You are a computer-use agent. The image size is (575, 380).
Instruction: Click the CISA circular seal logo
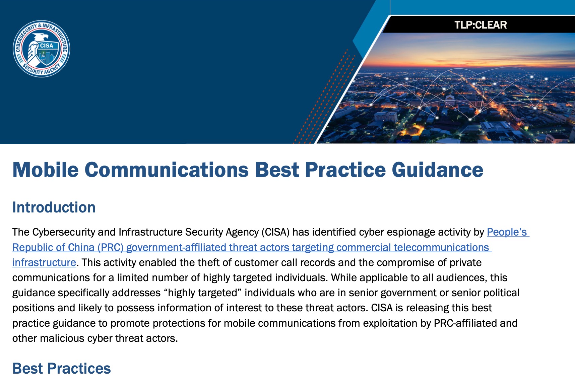(x=41, y=48)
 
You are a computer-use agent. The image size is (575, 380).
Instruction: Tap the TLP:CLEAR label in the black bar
(x=480, y=25)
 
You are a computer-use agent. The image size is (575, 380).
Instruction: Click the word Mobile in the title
(x=45, y=170)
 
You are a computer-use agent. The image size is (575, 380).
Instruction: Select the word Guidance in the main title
(x=437, y=170)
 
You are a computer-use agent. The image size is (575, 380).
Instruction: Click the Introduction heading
(x=54, y=207)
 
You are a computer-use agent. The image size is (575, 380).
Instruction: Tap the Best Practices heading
(x=61, y=368)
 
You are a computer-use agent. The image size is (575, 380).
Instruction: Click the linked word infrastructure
(x=44, y=262)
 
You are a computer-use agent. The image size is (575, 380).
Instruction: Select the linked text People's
(x=507, y=232)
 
